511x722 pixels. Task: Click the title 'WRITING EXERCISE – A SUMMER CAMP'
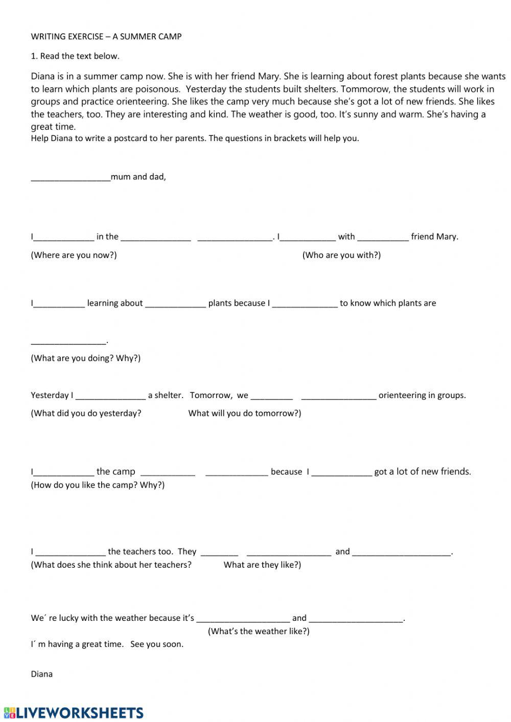pos(106,37)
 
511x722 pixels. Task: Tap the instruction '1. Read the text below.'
pos(75,56)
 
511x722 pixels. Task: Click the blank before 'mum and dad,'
pos(71,178)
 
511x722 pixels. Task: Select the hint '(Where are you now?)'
pos(74,255)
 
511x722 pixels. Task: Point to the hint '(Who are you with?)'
pos(341,255)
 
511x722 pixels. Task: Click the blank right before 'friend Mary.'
pos(383,237)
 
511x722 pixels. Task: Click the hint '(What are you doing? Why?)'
pos(85,358)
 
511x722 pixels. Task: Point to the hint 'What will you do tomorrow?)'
pos(245,413)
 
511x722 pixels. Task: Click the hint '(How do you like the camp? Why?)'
pos(98,485)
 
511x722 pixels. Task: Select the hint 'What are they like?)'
pos(262,565)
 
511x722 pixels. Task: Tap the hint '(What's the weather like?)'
pos(259,632)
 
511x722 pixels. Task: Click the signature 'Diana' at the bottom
pos(42,674)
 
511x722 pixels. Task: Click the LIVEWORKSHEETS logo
pos(74,713)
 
